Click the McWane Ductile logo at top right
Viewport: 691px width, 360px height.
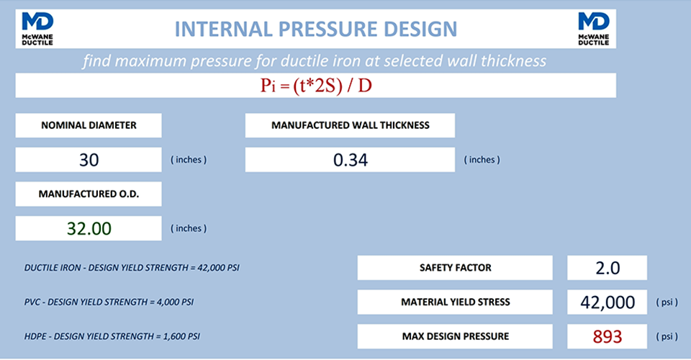coord(594,29)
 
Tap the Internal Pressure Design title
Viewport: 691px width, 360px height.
coord(316,29)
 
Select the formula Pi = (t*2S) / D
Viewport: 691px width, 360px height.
coord(316,86)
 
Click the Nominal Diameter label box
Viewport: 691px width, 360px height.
coord(89,125)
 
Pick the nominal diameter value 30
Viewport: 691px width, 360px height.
coord(89,160)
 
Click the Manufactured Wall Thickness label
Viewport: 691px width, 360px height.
coord(350,125)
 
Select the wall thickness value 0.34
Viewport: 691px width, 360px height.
coord(350,160)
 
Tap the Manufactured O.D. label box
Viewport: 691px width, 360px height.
coord(89,194)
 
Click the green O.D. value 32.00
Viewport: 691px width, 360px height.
coord(89,229)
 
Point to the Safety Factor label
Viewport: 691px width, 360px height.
coord(455,268)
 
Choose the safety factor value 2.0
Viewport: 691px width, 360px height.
coord(607,268)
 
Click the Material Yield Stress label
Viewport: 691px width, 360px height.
coord(455,302)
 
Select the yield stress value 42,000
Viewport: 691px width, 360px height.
coord(607,302)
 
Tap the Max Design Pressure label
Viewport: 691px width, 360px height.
coord(455,336)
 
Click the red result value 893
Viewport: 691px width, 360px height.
coord(607,336)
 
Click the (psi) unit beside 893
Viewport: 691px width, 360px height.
coord(666,336)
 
